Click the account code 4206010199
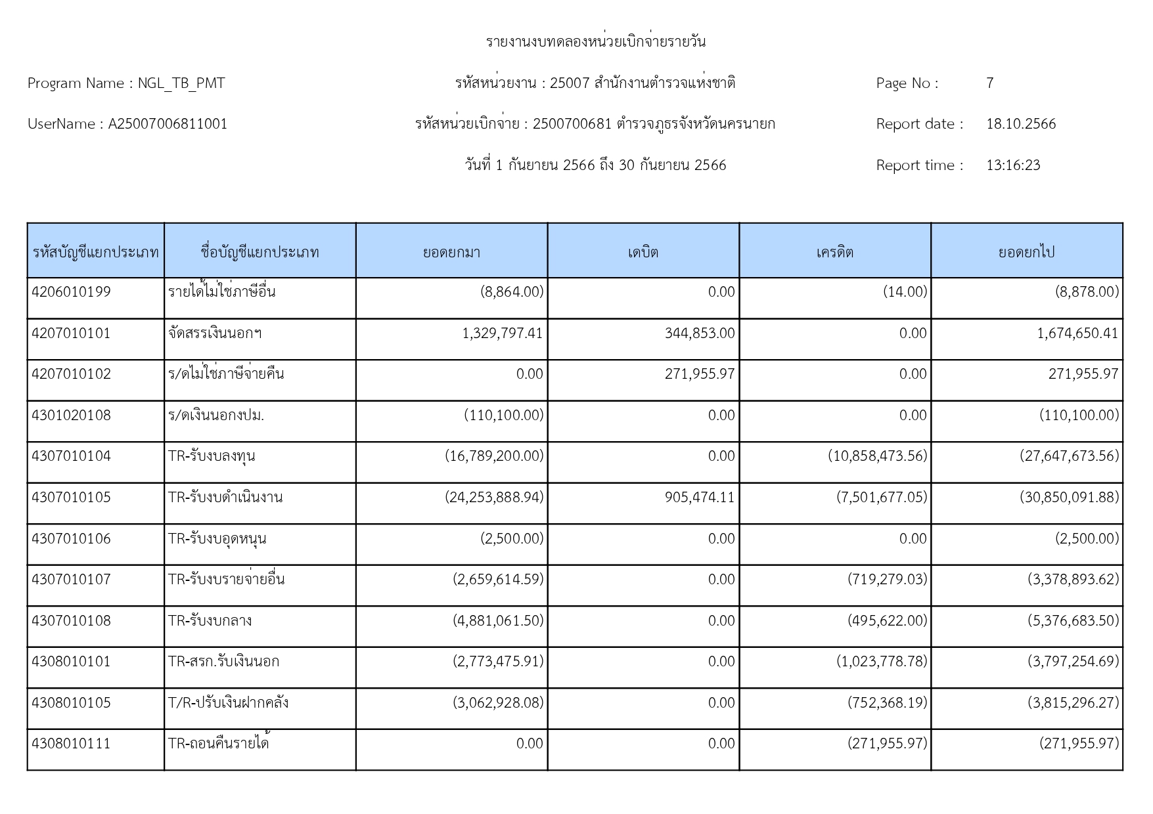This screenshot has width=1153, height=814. [72, 292]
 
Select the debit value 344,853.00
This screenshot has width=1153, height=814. [700, 333]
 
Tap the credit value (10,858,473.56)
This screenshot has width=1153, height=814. [878, 456]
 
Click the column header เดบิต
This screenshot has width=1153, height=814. [643, 252]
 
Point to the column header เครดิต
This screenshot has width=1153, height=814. [835, 252]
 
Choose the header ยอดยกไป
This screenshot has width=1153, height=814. [1026, 252]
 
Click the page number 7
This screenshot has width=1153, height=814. [989, 83]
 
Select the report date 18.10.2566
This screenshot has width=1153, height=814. [1021, 124]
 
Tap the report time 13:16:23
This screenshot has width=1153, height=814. [1013, 165]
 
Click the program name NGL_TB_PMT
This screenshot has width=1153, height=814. [181, 83]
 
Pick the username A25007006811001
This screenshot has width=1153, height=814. [168, 124]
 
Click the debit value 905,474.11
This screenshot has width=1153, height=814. [700, 498]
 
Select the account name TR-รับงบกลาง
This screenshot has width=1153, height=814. [210, 621]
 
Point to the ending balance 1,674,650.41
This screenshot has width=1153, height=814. [1077, 333]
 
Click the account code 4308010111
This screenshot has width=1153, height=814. [72, 744]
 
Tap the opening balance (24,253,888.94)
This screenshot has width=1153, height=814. [495, 498]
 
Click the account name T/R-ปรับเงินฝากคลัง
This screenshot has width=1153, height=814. [229, 703]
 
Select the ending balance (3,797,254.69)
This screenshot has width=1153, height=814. [1074, 662]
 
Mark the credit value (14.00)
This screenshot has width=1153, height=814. [905, 292]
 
